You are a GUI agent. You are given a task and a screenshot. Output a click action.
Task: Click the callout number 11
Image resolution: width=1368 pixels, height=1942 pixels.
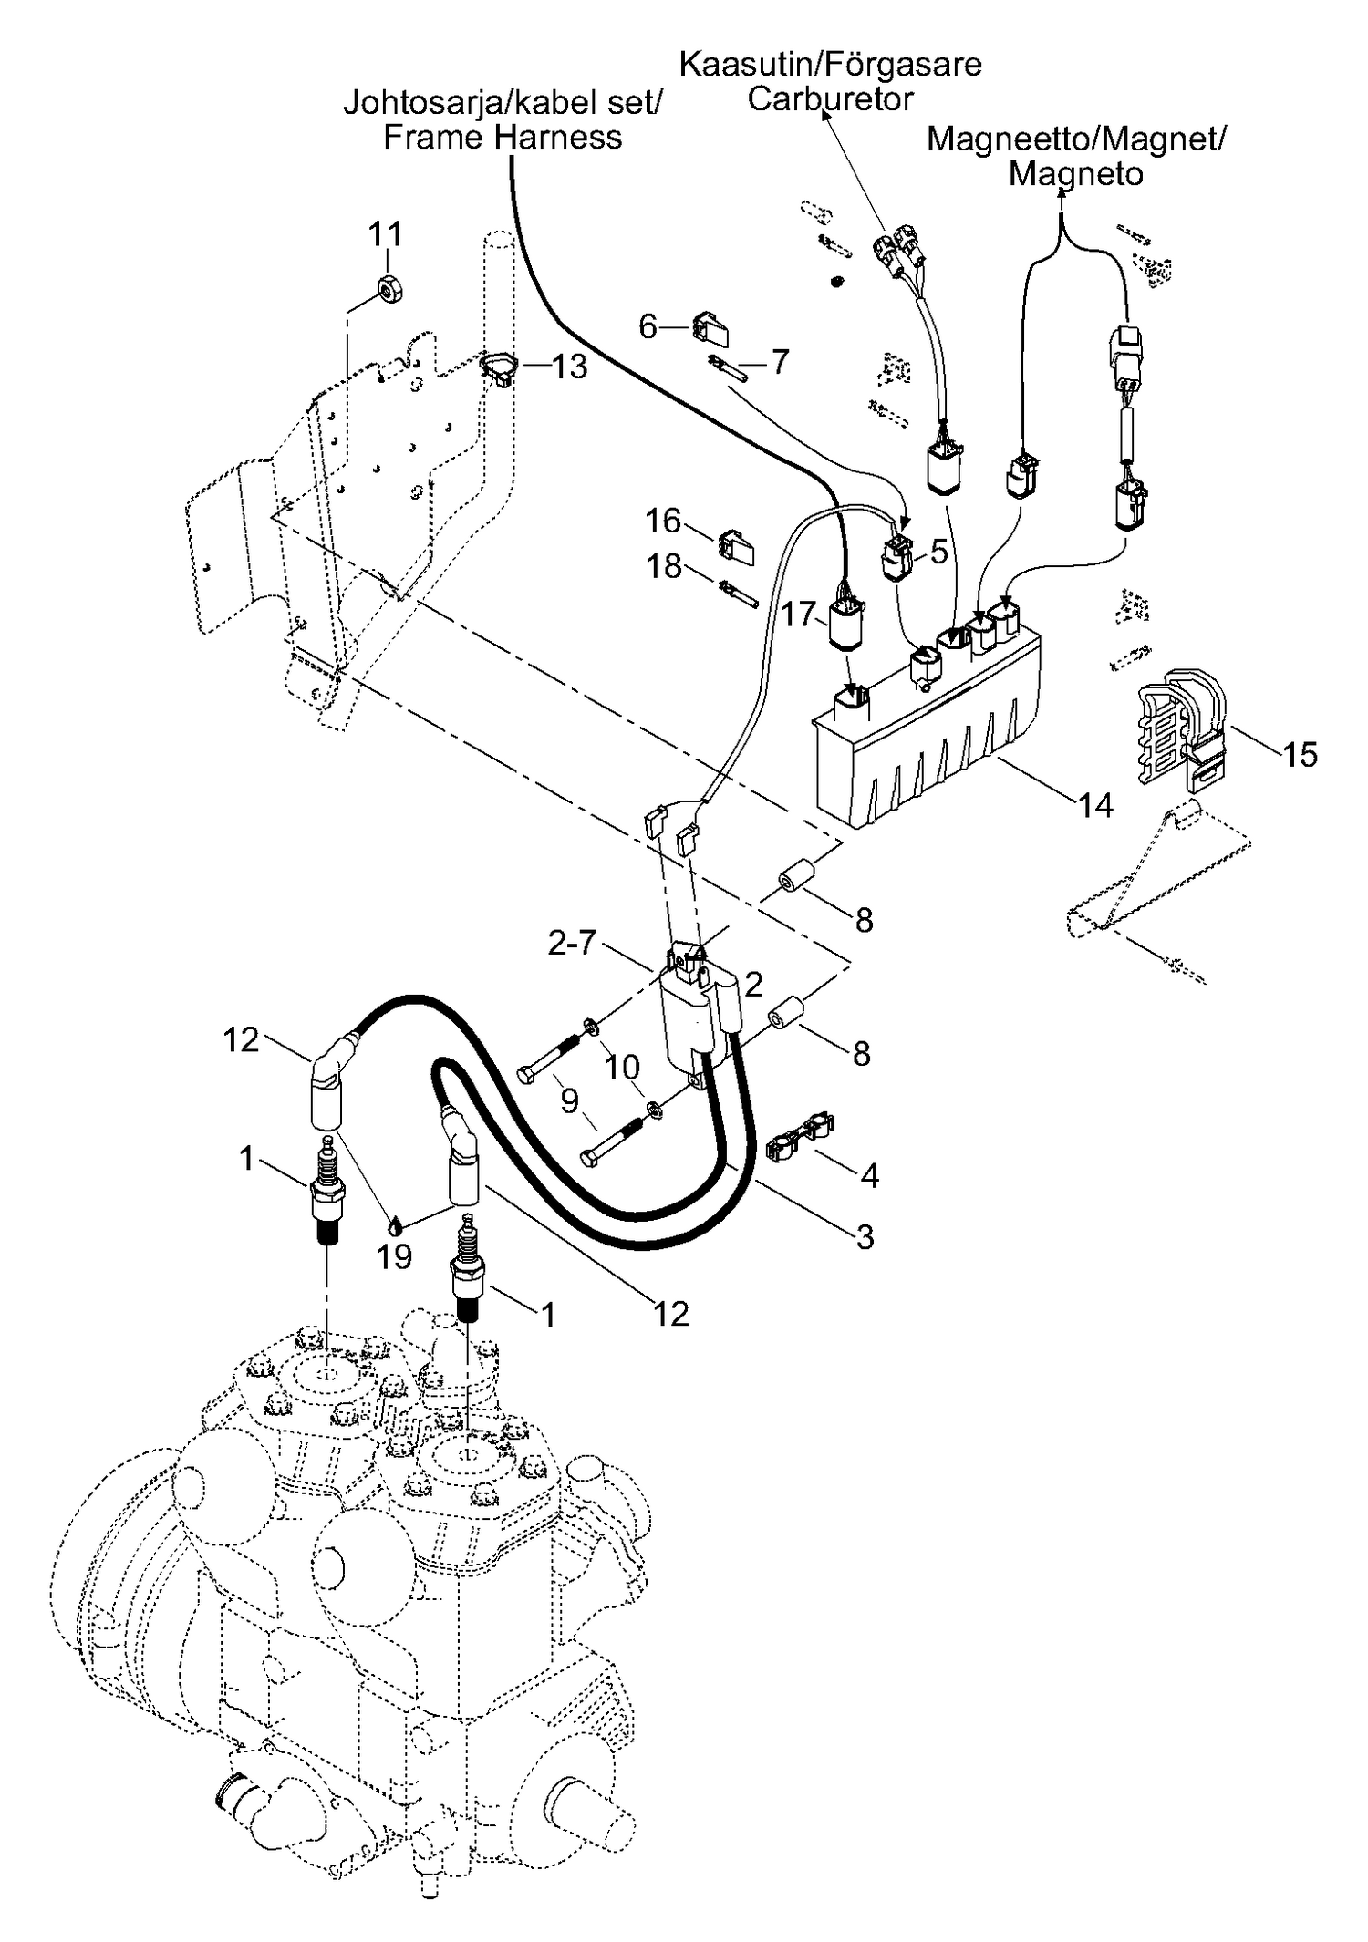point(385,234)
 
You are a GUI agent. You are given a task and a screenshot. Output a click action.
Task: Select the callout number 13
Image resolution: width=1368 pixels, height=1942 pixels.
point(569,367)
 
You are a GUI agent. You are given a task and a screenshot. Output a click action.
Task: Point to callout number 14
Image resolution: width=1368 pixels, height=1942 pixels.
point(1095,805)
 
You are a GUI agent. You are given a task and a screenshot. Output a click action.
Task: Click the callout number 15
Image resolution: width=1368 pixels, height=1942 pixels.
point(1300,754)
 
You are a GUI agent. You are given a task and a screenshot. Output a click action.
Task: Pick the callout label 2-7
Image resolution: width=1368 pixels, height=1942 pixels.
point(572,943)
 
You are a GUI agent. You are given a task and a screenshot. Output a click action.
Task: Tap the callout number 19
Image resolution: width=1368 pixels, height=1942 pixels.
point(394,1256)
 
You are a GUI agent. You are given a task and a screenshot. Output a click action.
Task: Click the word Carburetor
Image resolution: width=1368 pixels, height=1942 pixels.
point(830,98)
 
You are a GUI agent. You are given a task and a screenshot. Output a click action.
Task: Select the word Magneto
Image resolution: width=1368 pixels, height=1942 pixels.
point(1075,173)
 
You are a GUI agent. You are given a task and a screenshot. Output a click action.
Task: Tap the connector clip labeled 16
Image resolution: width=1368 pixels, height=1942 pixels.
point(737,546)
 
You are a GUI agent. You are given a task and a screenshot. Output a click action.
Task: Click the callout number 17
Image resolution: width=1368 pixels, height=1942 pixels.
point(798,614)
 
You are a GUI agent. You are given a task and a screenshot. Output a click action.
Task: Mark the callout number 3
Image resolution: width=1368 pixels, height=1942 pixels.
point(865,1236)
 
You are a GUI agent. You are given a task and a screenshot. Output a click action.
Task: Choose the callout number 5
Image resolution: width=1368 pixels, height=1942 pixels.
point(938,552)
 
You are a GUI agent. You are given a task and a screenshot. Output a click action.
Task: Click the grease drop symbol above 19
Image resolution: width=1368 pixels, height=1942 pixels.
point(395,1223)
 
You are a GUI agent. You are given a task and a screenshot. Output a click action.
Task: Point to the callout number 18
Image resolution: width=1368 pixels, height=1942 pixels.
point(664,566)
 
